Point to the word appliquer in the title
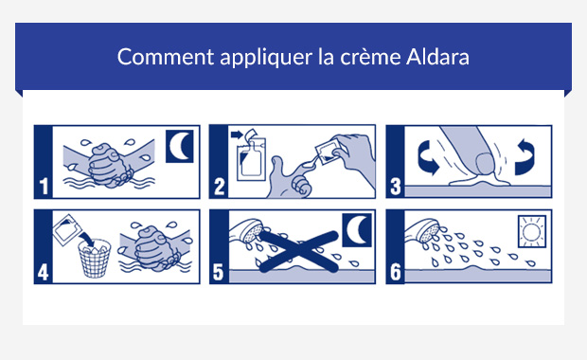pos(258,57)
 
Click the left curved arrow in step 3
pos(420,155)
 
